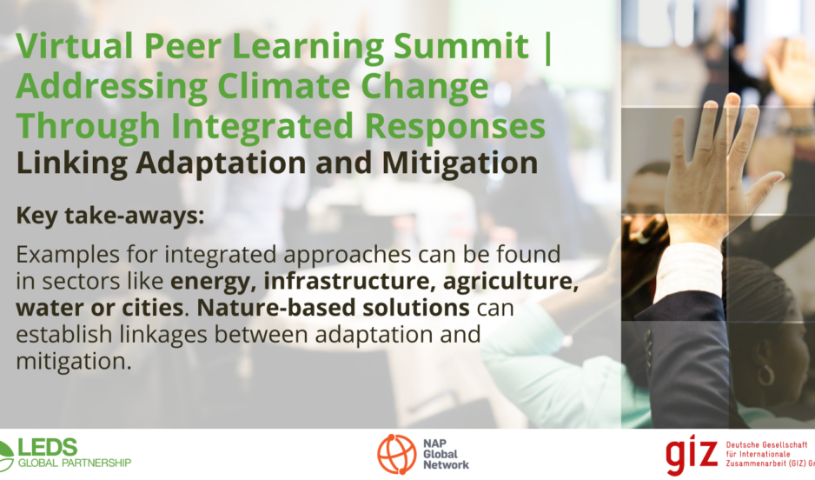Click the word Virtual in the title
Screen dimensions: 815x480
75,46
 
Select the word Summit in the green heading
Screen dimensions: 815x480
461,46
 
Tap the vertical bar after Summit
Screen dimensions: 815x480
547,48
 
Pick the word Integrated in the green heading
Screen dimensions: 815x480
262,128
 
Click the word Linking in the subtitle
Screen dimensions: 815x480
72,164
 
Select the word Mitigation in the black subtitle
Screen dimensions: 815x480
460,164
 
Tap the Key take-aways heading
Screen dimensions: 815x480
110,216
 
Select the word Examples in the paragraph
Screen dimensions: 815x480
68,256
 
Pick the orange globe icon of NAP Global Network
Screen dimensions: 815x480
396,454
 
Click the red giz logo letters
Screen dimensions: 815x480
692,454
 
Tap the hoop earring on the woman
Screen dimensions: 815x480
766,372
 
